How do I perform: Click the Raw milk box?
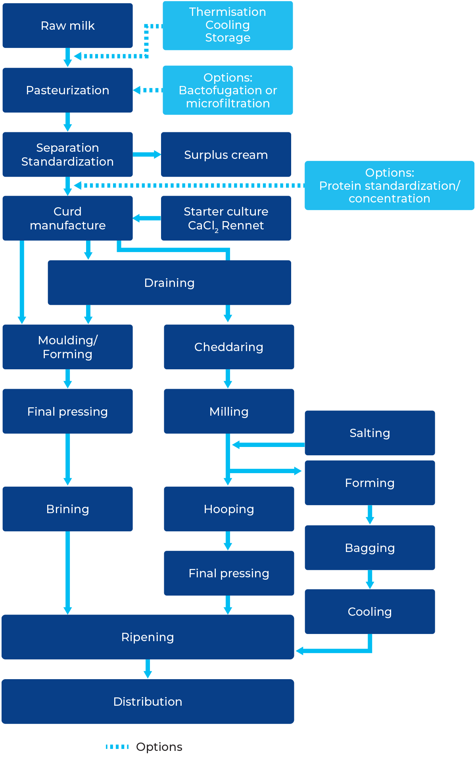click(67, 26)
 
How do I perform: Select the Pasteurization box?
click(67, 90)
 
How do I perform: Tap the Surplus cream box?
click(226, 155)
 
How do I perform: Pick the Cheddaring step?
click(229, 347)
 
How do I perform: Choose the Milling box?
click(229, 411)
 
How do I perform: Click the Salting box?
click(370, 433)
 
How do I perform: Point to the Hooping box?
click(229, 509)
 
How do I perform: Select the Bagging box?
click(370, 548)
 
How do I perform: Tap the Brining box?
click(67, 509)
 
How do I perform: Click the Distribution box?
click(148, 702)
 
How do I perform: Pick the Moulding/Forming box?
click(67, 347)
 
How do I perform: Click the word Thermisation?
click(228, 12)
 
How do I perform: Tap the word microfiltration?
click(228, 103)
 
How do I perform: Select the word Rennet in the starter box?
click(243, 225)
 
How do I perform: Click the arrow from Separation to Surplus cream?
click(147, 155)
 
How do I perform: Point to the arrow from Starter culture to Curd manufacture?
click(147, 218)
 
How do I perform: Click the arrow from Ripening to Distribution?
click(148, 669)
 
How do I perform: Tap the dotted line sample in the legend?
click(117, 747)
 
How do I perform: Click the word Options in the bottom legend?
click(159, 747)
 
